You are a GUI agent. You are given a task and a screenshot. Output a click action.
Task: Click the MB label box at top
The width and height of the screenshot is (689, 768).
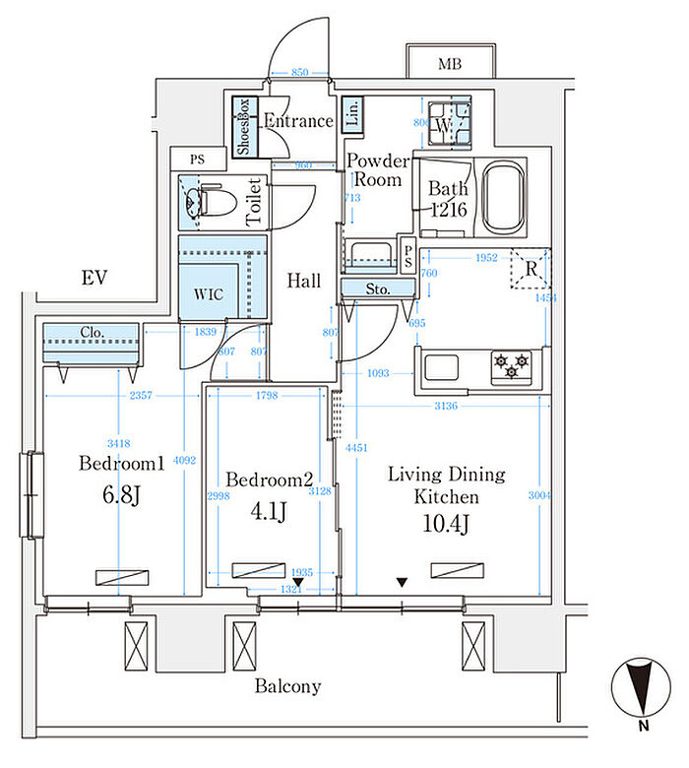tap(450, 64)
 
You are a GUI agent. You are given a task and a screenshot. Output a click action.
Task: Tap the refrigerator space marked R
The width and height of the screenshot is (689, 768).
tap(531, 268)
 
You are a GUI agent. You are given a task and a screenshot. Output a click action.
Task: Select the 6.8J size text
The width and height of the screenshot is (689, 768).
tap(121, 493)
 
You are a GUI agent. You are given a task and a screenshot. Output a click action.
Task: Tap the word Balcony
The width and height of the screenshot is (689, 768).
tap(287, 686)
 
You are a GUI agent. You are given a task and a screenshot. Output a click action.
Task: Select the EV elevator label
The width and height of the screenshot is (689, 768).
tap(94, 279)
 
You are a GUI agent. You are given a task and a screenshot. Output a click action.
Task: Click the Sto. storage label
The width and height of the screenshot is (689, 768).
tap(378, 288)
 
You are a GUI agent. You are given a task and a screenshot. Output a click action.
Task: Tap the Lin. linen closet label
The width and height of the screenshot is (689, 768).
tap(353, 114)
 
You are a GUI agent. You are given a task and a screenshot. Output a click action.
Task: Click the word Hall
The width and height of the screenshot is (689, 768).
tap(304, 281)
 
